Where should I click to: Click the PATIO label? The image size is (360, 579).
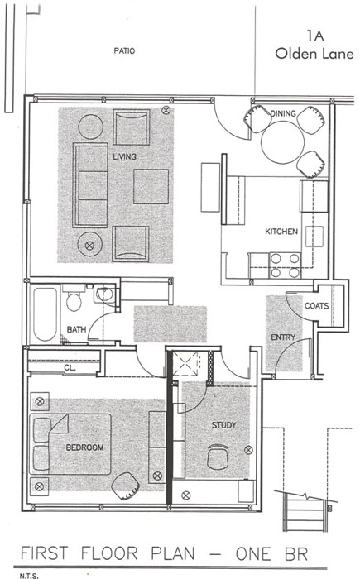pos(124,50)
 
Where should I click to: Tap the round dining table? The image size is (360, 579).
pos(282,142)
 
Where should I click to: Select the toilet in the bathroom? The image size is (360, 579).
pos(74,299)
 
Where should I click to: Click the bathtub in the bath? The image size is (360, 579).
pos(45,313)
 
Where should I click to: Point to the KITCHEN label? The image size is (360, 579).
pos(281,232)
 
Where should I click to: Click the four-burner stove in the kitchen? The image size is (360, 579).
pos(285,266)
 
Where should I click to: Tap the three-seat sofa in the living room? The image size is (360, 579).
pos(90,185)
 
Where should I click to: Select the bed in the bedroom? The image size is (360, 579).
pos(70,444)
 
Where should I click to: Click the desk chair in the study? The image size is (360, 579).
pos(218,457)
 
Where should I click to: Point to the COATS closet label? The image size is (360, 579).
pos(316,306)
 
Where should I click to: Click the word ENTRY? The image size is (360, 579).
pos(283,337)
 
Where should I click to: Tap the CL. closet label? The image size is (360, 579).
pos(70,368)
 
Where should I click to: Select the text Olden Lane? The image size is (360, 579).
pos(314,54)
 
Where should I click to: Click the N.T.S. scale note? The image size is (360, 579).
pos(29,576)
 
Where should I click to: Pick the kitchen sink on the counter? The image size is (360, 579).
pos(314,237)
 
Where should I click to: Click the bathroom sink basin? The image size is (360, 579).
pos(104,294)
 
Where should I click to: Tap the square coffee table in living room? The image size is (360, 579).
pos(151,186)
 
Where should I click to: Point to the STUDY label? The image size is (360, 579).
pos(223,425)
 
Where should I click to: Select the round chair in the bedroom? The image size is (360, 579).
pos(125,486)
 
